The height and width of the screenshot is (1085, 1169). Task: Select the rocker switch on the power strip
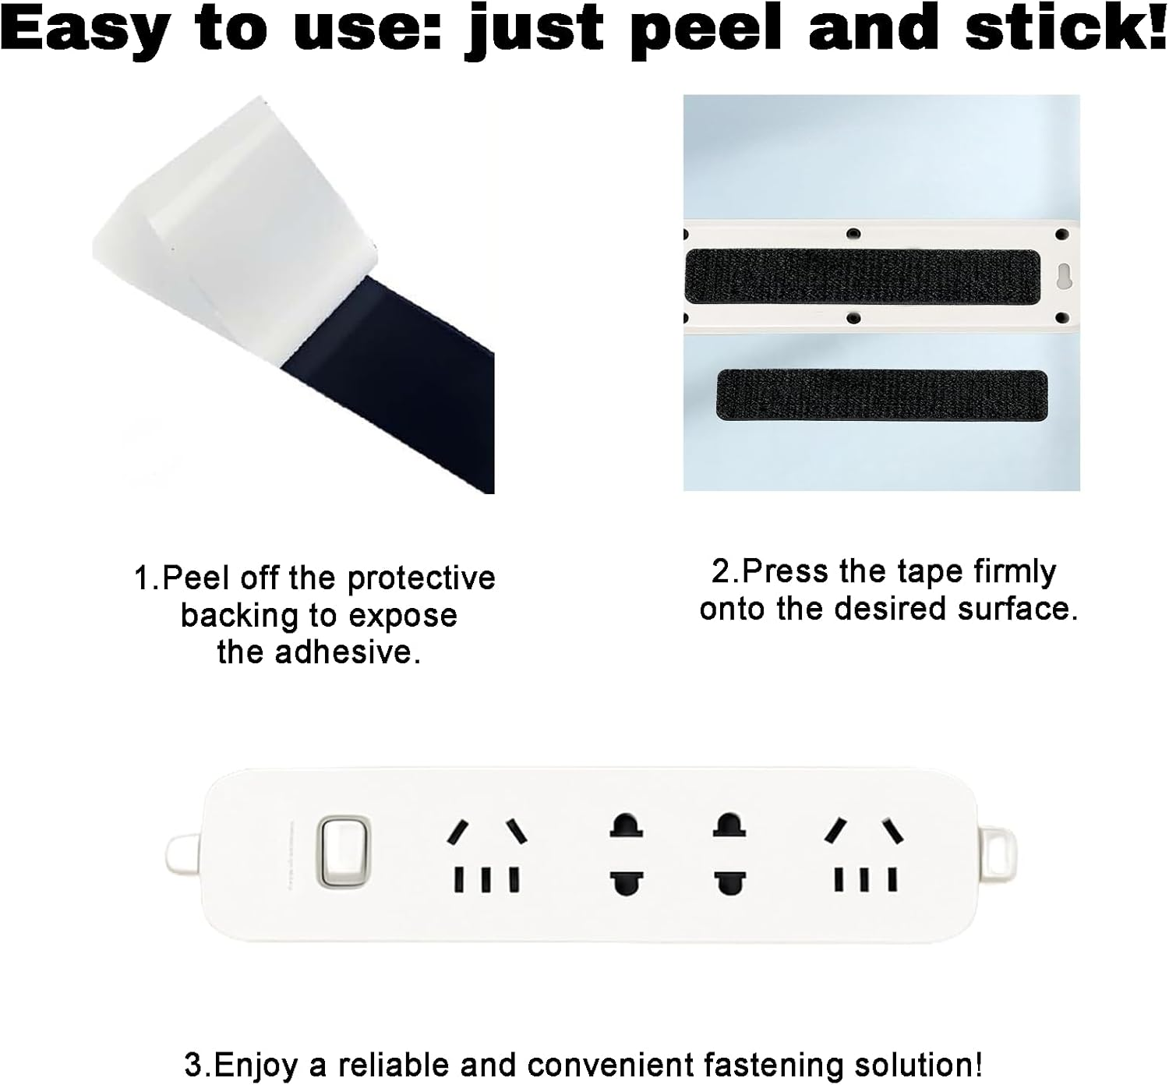point(344,851)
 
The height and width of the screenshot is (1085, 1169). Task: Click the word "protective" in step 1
point(421,578)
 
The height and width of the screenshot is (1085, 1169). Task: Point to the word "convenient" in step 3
point(605,1064)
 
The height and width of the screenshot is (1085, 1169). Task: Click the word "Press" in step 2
point(782,571)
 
